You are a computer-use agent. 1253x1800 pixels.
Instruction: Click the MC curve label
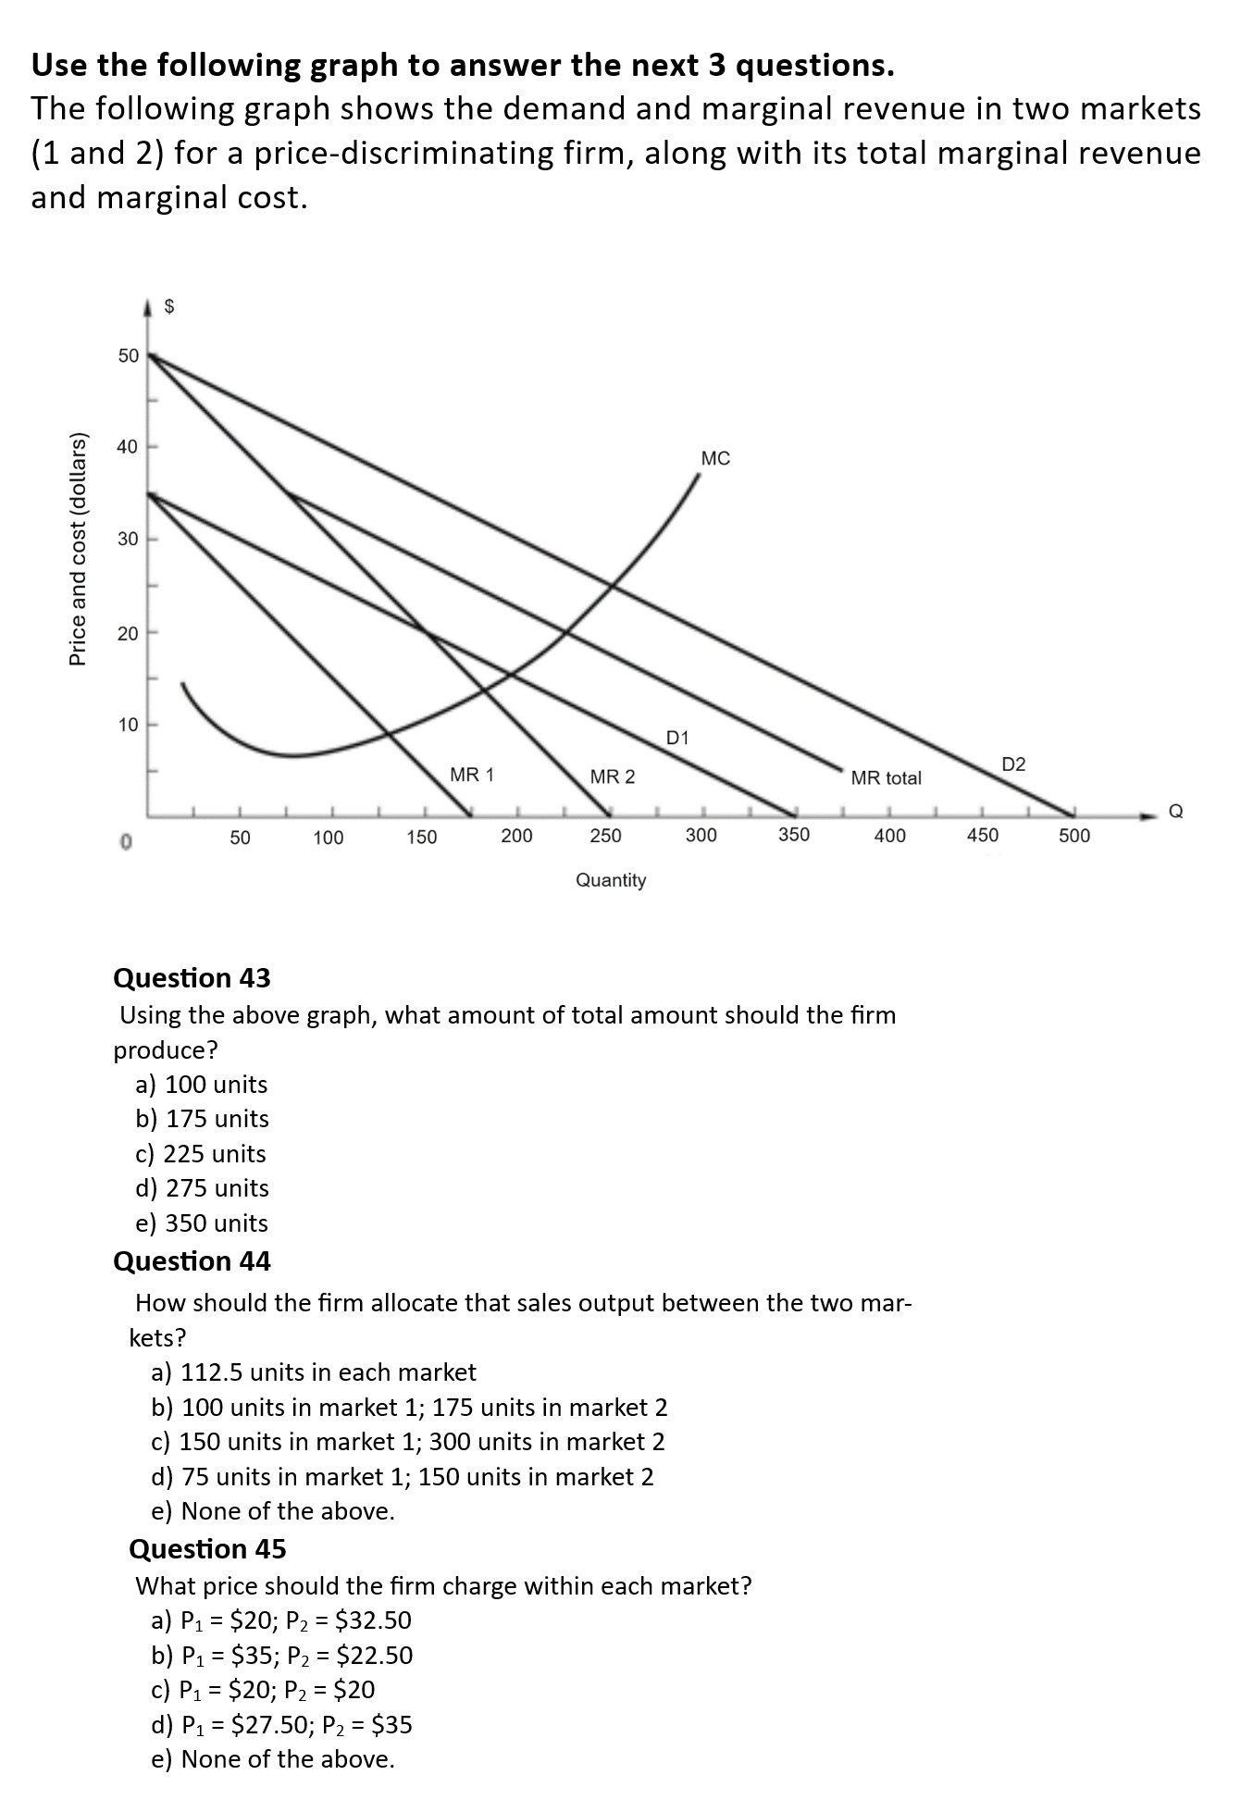pos(715,458)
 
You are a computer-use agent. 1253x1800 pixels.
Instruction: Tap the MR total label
pos(886,778)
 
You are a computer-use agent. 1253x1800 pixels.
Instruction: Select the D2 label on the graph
pos(1013,764)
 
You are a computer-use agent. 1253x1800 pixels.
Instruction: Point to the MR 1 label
pos(472,775)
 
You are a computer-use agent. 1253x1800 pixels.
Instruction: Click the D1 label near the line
pos(677,738)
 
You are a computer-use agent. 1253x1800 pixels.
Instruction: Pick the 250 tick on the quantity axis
pos(606,836)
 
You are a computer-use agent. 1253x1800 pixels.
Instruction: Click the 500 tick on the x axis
pos(1074,836)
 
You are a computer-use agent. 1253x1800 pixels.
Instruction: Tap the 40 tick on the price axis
pos(128,447)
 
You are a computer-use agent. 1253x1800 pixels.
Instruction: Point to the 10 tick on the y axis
pos(128,725)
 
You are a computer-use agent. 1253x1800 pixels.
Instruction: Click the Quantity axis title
pos(611,880)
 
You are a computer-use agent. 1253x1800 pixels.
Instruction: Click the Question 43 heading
pos(192,977)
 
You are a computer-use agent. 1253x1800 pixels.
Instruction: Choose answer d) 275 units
pos(202,1188)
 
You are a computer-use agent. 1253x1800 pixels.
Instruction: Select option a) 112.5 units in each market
pos(314,1372)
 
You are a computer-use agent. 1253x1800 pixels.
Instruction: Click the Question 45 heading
pos(207,1548)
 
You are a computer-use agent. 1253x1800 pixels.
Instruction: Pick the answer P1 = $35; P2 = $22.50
pos(282,1655)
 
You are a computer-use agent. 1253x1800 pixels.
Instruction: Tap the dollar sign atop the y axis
pos(169,307)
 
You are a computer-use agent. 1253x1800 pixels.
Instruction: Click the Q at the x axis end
pos(1175,812)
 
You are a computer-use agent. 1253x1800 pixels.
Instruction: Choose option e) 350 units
pos(202,1223)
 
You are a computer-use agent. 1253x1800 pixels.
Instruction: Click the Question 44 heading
pos(192,1261)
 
